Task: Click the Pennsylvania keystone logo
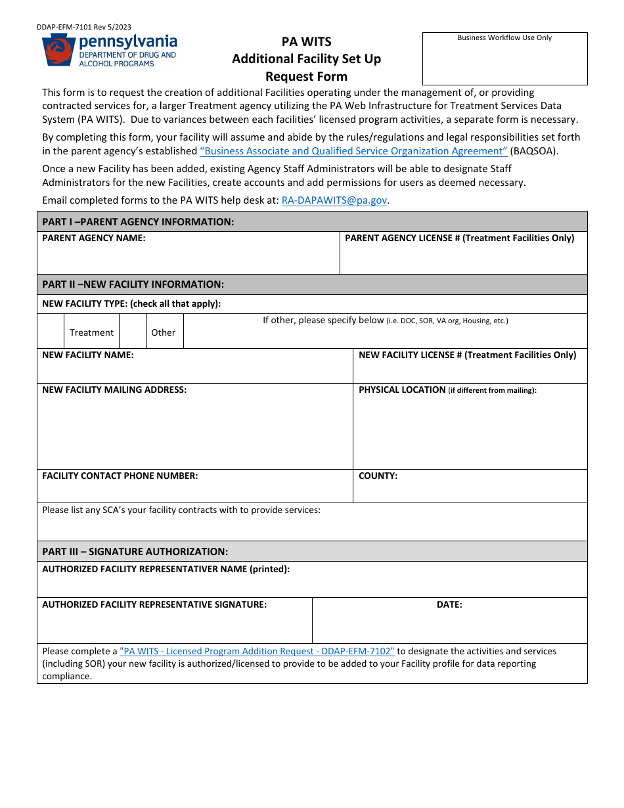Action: click(x=58, y=50)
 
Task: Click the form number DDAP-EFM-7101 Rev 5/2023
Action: click(x=83, y=27)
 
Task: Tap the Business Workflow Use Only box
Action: click(x=504, y=58)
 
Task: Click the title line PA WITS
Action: click(x=306, y=41)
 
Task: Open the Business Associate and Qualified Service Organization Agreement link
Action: click(x=353, y=150)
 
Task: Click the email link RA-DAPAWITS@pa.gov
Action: click(x=334, y=200)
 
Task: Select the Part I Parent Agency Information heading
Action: click(x=138, y=221)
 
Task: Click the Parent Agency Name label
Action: click(x=94, y=238)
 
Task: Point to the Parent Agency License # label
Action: click(x=459, y=238)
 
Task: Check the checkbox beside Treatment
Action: click(x=51, y=332)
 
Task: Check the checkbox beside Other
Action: click(x=133, y=332)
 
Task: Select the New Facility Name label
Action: click(x=88, y=355)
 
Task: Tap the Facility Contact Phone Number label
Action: click(x=120, y=476)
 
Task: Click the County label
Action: click(x=378, y=476)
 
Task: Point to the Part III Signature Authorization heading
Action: click(x=135, y=551)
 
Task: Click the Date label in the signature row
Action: click(x=449, y=604)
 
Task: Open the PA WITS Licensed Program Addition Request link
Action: click(x=257, y=651)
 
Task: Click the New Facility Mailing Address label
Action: click(x=114, y=390)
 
